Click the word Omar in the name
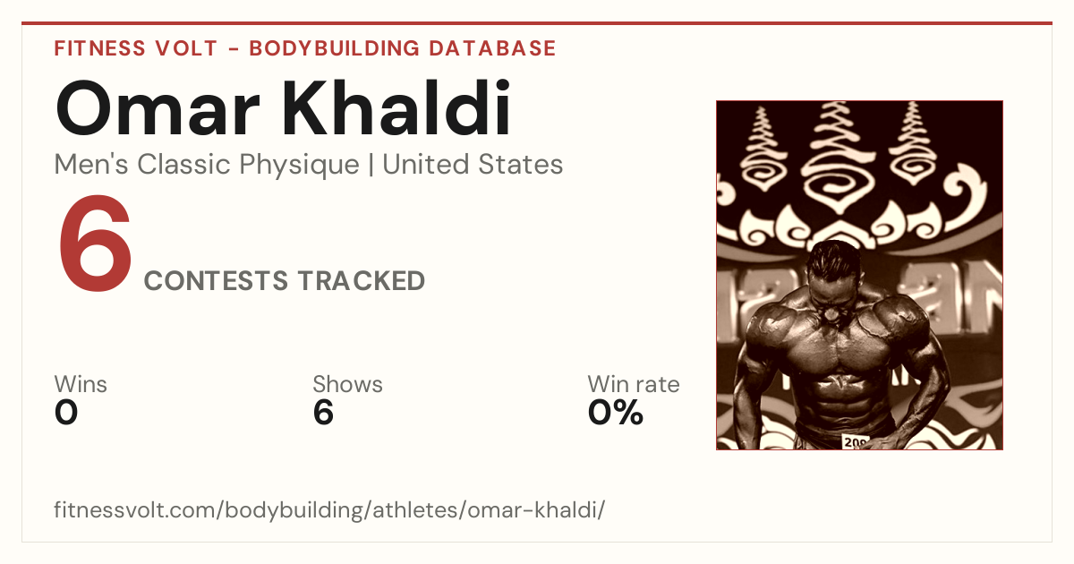pos(158,109)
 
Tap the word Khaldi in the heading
pos(396,108)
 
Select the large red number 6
pos(95,244)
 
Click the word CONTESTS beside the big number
pos(217,280)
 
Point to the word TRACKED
pos(361,280)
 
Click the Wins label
pos(81,384)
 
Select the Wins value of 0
pos(66,413)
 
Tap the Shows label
pos(347,384)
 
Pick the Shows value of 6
pos(323,413)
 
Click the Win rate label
pos(634,384)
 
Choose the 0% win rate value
pos(615,413)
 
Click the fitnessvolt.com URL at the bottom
pos(329,509)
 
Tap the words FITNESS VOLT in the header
pos(136,48)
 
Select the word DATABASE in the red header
pos(492,48)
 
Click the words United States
pos(473,165)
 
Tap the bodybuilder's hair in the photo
pos(833,259)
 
